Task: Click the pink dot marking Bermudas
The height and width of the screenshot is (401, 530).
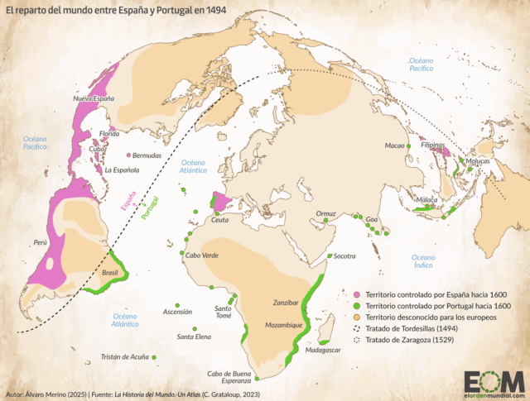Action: [128, 155]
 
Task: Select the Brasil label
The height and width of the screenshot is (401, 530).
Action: [109, 272]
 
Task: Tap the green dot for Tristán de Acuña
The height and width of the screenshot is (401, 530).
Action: [154, 356]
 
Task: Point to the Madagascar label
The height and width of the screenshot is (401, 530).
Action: [323, 351]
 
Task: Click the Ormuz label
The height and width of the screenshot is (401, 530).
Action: [325, 212]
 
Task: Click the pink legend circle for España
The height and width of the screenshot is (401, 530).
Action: [357, 294]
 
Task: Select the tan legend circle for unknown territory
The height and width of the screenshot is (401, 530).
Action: [357, 317]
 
